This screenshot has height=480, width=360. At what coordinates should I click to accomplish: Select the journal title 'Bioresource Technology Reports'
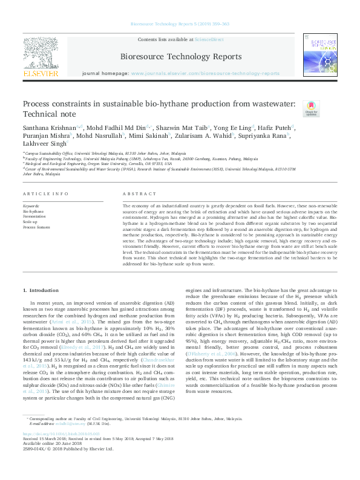(x=180, y=57)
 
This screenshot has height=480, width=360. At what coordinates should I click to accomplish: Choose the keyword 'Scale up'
(x=30, y=222)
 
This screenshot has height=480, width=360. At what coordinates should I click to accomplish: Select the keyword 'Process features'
(x=36, y=227)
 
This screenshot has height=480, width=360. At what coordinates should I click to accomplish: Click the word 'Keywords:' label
(x=31, y=207)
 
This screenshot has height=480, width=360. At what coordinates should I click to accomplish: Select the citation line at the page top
(x=180, y=25)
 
